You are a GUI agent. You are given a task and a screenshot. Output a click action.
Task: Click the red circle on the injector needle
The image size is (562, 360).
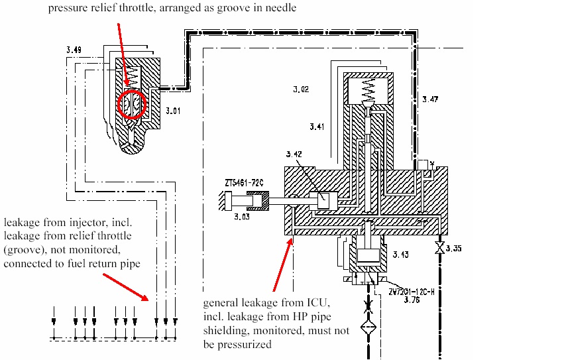(131, 103)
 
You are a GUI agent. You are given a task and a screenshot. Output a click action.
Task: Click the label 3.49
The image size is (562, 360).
(74, 50)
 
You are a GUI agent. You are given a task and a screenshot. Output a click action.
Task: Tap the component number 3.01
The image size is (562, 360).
(172, 111)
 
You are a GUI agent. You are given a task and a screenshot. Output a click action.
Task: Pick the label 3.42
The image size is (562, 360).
(294, 154)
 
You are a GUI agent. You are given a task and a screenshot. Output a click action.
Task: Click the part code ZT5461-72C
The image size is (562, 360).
(245, 181)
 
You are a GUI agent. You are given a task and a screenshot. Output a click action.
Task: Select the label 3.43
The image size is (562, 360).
(401, 255)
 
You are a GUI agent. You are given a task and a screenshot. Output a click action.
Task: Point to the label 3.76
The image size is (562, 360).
(412, 299)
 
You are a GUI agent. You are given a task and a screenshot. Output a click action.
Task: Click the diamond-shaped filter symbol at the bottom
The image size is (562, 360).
(367, 329)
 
